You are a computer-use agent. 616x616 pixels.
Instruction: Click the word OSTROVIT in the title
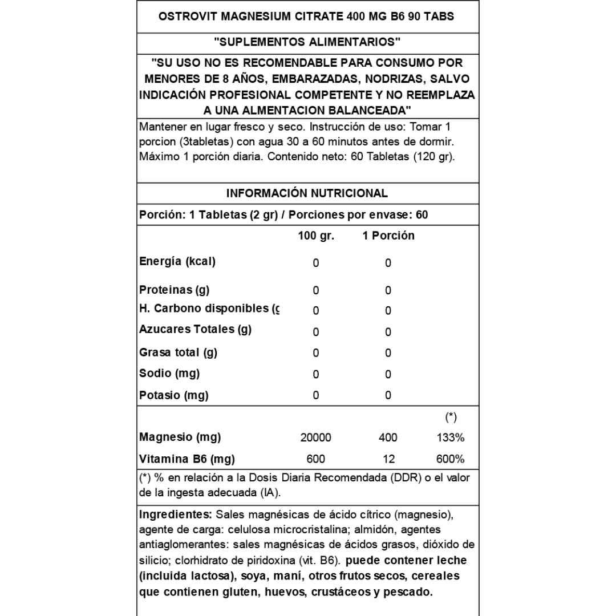[183, 17]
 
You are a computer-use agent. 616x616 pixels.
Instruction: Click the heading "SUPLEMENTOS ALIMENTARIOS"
[307, 42]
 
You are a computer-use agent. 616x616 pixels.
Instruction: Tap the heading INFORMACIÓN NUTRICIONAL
[307, 193]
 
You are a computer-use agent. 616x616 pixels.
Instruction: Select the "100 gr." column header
[315, 236]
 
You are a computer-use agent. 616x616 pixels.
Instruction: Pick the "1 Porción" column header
[388, 236]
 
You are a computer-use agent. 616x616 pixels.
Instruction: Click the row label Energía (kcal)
[177, 262]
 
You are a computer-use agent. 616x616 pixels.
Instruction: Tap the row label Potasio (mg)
[173, 395]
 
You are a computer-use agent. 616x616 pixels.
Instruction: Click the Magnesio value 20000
[315, 438]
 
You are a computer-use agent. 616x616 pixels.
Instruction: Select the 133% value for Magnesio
[451, 438]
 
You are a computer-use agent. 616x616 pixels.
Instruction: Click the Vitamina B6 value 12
[388, 459]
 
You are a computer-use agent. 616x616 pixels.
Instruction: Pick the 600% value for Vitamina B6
[451, 459]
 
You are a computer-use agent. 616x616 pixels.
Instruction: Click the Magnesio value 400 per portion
[388, 438]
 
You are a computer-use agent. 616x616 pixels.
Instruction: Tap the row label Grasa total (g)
[178, 352]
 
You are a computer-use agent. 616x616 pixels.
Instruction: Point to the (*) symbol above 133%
[451, 418]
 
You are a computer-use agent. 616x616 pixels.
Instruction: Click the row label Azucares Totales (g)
[195, 329]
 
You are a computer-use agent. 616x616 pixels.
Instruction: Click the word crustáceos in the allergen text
[339, 592]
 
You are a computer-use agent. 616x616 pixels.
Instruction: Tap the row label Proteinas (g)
[174, 290]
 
